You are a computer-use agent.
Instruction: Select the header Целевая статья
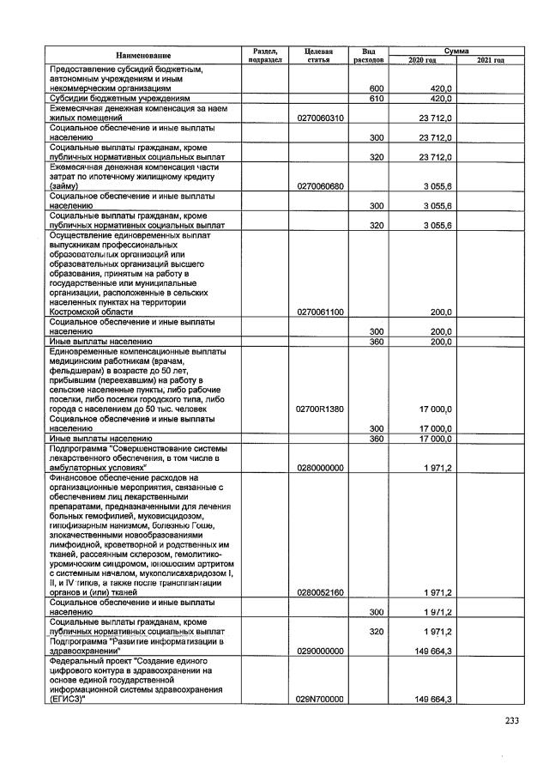[x=318, y=56]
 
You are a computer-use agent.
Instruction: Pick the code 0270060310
[x=318, y=118]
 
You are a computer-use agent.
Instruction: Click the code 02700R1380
[x=318, y=409]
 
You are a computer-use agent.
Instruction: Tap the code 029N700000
[x=318, y=700]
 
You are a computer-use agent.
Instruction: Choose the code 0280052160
[x=318, y=592]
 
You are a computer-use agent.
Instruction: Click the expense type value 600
[x=376, y=89]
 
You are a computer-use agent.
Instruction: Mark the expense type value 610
[x=376, y=99]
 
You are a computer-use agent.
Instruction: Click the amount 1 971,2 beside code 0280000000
[x=437, y=467]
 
